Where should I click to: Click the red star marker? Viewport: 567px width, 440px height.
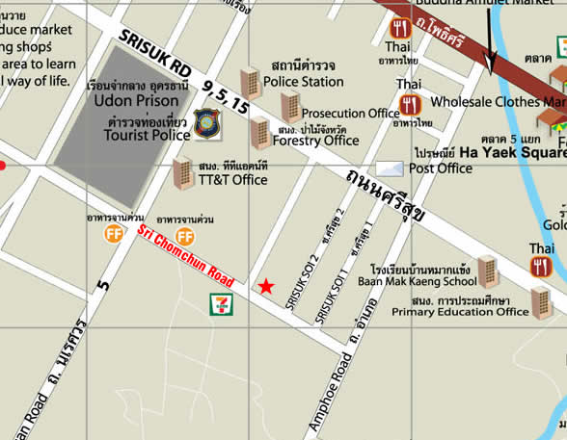coord(265,286)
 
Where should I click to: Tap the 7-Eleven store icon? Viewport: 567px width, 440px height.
coord(220,304)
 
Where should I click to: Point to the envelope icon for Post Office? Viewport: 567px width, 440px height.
coord(390,169)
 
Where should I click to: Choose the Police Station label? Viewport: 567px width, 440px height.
coord(303,82)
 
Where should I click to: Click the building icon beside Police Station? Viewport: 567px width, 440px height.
coord(250,81)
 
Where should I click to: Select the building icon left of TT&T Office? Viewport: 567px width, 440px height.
coord(182,173)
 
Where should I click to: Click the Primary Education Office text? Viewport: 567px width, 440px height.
coord(461,311)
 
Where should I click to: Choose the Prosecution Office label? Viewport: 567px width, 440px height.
coord(350,114)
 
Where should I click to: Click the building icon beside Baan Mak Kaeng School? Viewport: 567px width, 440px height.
coord(488,271)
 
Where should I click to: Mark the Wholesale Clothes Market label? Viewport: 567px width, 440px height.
coord(498,101)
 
